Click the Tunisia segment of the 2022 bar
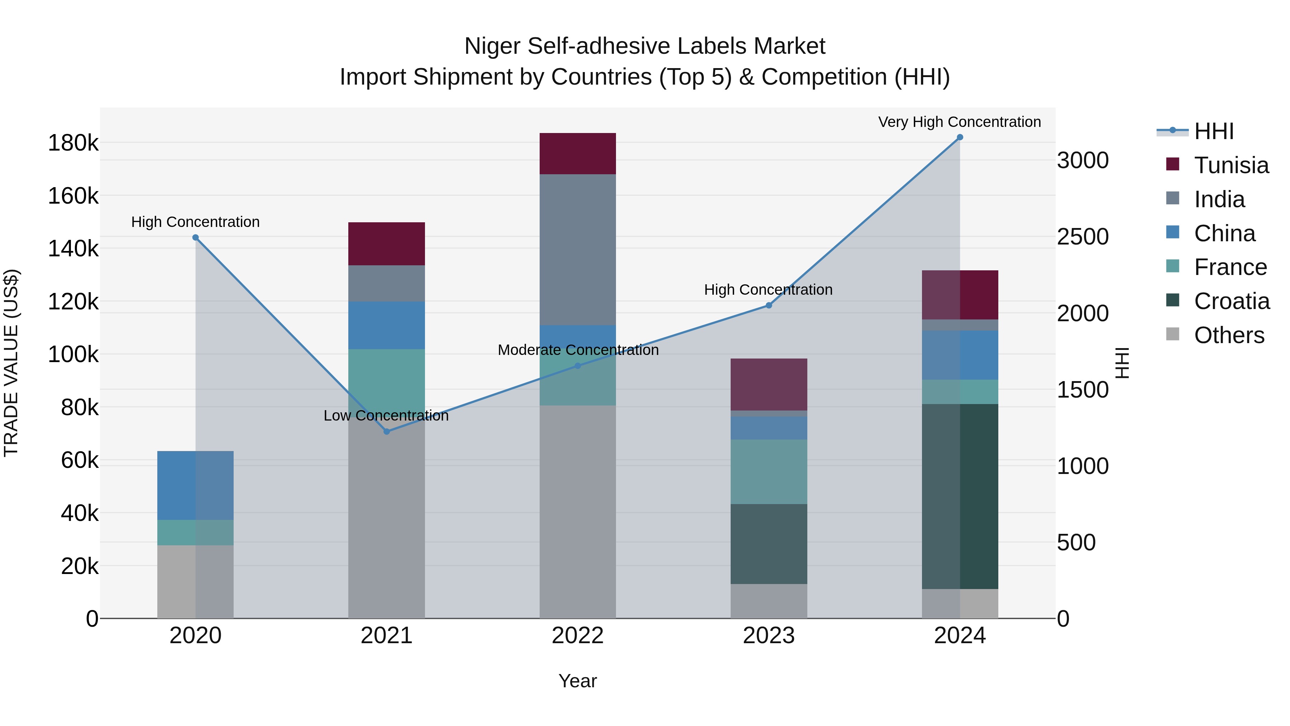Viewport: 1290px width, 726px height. coord(577,153)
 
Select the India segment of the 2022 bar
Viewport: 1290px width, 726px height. coord(577,250)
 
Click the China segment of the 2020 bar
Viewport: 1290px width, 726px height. coord(195,485)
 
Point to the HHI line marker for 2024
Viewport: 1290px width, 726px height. coord(960,137)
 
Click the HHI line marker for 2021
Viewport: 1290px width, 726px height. coord(386,431)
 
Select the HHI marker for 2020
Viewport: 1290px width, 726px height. coord(195,237)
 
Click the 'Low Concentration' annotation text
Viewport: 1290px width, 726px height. coord(386,416)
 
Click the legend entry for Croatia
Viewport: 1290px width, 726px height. coord(1231,301)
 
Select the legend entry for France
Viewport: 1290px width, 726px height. coord(1230,267)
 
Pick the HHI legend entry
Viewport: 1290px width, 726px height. coord(1213,131)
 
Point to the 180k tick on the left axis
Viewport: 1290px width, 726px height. coord(73,143)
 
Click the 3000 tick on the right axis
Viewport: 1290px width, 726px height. coord(1083,161)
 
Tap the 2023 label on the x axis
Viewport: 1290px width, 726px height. coord(769,636)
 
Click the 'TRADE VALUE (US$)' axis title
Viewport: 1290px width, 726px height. coord(11,363)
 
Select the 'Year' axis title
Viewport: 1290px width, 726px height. coord(577,681)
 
